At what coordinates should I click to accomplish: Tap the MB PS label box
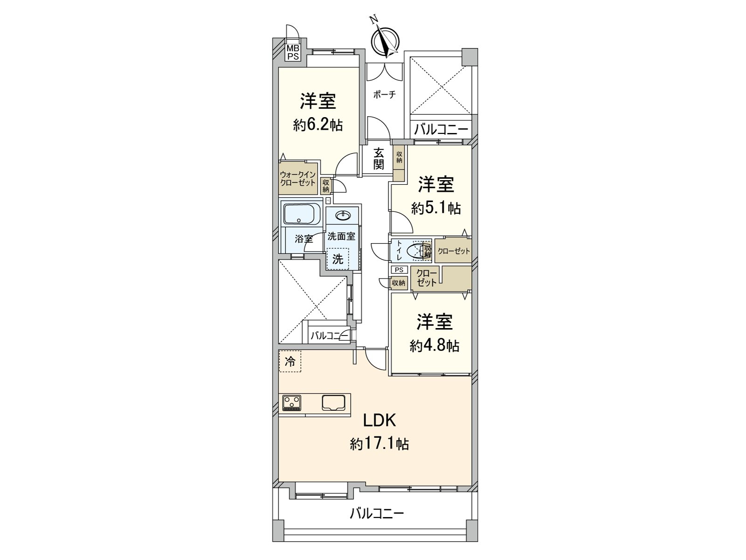click(292, 52)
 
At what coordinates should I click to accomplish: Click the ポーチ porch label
click(384, 95)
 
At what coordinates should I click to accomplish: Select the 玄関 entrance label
click(379, 158)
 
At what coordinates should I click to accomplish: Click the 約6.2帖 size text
click(318, 125)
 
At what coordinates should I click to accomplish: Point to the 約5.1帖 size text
click(435, 208)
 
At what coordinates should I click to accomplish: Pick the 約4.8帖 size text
click(435, 346)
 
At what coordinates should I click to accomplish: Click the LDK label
click(380, 420)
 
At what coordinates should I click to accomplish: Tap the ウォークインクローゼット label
click(298, 179)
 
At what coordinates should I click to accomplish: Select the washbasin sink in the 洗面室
click(343, 215)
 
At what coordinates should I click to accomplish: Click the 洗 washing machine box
click(338, 259)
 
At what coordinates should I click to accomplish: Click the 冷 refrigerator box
click(290, 361)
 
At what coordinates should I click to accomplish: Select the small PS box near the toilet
click(399, 270)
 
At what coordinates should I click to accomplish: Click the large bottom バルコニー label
click(377, 514)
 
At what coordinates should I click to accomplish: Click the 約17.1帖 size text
click(380, 444)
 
